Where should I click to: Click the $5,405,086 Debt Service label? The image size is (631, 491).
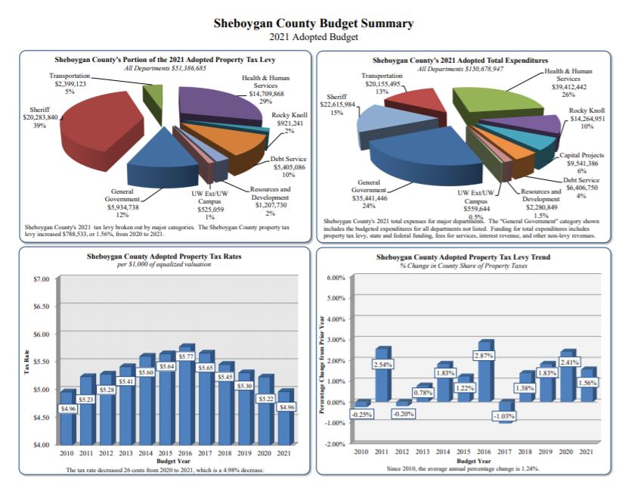click(x=289, y=167)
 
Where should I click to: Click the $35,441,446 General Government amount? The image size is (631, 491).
click(x=369, y=197)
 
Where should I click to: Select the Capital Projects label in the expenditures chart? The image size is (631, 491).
click(x=580, y=155)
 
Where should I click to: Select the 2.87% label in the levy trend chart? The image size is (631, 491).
click(x=484, y=355)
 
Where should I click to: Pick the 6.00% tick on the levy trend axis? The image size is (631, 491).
click(x=336, y=278)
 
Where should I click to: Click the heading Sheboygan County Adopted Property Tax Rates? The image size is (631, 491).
click(x=164, y=256)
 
